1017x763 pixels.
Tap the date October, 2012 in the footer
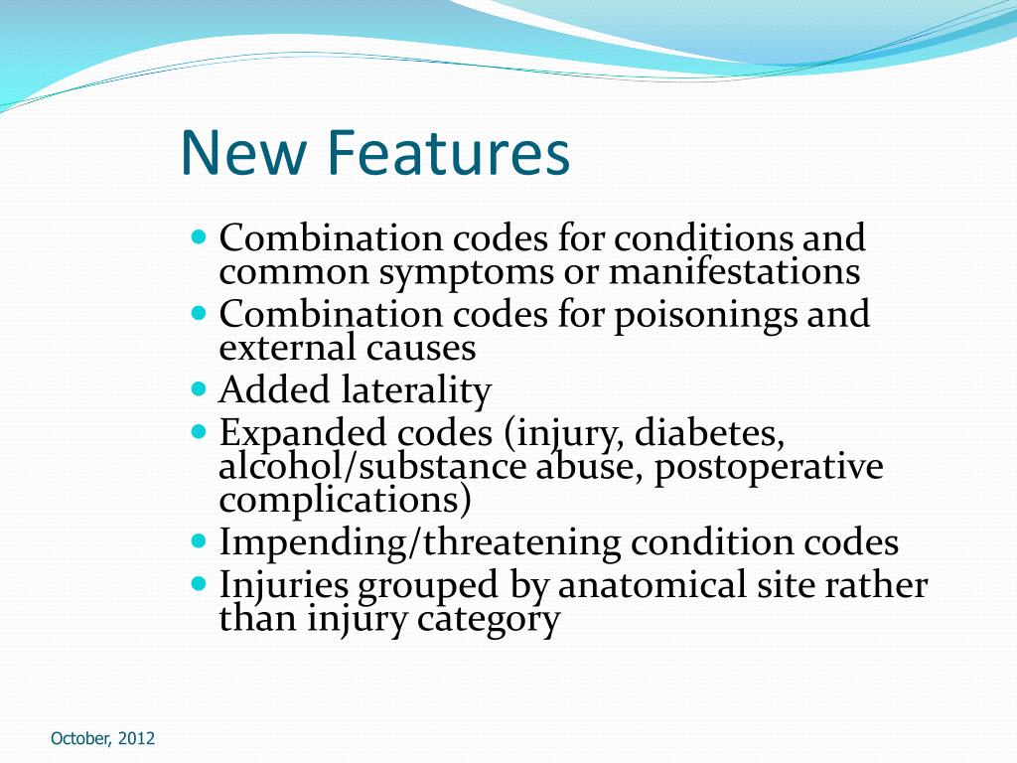pyautogui.click(x=103, y=738)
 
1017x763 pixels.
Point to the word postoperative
pyautogui.click(x=768, y=467)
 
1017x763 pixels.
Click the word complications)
pyautogui.click(x=345, y=500)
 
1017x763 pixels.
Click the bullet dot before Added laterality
pyautogui.click(x=199, y=389)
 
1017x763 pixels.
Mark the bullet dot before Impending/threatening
pyautogui.click(x=199, y=541)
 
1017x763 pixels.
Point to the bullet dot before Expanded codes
pyautogui.click(x=199, y=432)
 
